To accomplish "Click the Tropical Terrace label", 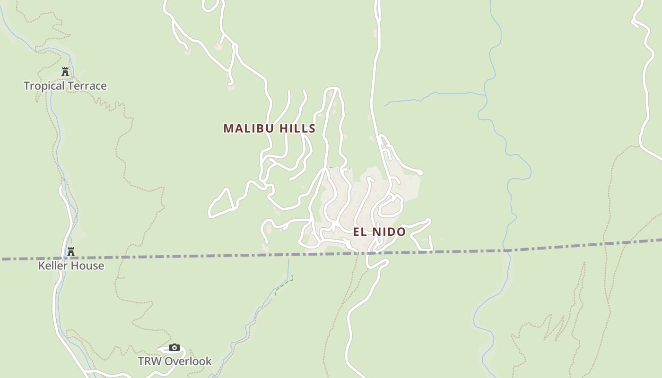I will pyautogui.click(x=65, y=86).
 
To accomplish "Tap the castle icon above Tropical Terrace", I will pyautogui.click(x=65, y=72).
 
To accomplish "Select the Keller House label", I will pyautogui.click(x=71, y=266).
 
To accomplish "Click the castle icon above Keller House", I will pyautogui.click(x=71, y=252).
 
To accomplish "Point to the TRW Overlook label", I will pyautogui.click(x=174, y=361).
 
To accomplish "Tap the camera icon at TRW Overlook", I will pyautogui.click(x=174, y=348).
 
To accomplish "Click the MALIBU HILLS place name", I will pyautogui.click(x=269, y=129).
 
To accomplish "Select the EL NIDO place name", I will pyautogui.click(x=379, y=232).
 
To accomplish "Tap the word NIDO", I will pyautogui.click(x=389, y=232).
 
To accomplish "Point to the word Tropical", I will pyautogui.click(x=44, y=86).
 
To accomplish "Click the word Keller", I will pyautogui.click(x=52, y=266).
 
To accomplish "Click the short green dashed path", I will pyautogui.click(x=284, y=285).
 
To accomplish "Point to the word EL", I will pyautogui.click(x=359, y=232).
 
